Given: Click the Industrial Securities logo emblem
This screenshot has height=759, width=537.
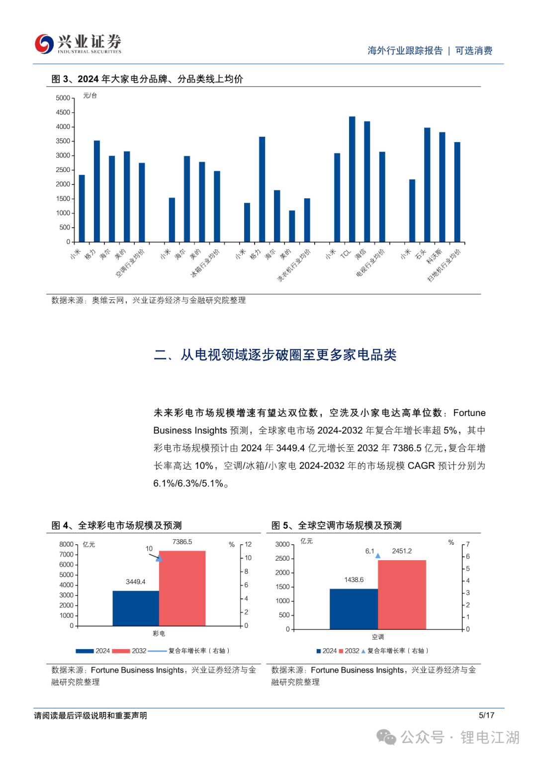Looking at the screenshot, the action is point(44,44).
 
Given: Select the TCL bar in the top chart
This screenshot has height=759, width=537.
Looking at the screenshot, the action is point(352,179).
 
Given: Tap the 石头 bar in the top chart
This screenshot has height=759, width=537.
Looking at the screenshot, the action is point(427,184).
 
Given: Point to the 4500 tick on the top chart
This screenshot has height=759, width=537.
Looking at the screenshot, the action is point(63,112).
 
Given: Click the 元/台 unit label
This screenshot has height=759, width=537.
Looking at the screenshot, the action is point(90,95).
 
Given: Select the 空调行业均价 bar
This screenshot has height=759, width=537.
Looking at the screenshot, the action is point(142,202).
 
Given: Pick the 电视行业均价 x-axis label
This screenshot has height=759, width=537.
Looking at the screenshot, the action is point(371,262).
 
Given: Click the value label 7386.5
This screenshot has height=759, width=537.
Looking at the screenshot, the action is point(182,542).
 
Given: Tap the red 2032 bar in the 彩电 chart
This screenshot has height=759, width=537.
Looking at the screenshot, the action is point(182,588).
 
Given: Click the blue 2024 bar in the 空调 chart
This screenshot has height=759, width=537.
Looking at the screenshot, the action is point(354,609).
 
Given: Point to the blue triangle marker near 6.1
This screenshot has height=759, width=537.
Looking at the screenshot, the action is point(378,556).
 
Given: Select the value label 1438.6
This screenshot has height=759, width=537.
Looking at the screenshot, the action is point(354,580).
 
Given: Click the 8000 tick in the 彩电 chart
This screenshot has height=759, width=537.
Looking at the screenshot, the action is point(66,544).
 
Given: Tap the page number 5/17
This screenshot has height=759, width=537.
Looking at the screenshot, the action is point(486,715).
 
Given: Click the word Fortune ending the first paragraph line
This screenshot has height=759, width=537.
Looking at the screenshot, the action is point(469,413).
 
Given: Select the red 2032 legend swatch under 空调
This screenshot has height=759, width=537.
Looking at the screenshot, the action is point(341,651).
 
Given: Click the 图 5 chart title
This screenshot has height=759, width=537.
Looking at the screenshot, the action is point(336,525).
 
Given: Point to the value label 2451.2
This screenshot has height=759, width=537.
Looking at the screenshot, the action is point(402,551).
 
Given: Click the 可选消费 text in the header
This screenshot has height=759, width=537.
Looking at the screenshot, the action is point(473,51).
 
